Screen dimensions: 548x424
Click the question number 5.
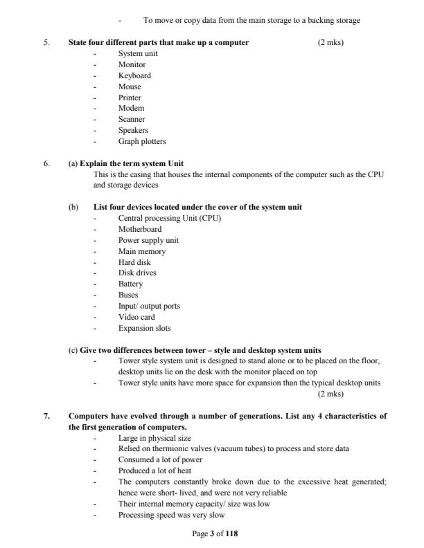tap(46, 43)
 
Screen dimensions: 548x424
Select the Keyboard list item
tap(134, 75)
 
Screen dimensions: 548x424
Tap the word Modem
tap(131, 109)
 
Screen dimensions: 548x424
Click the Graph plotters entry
tap(142, 142)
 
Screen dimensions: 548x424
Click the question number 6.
tap(46, 163)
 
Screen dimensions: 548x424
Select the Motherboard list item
tap(140, 229)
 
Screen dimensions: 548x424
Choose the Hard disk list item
tap(134, 262)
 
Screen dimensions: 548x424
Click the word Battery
tap(130, 284)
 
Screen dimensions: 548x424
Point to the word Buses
tap(128, 295)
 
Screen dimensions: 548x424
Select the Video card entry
tap(136, 317)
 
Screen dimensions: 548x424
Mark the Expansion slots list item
tap(144, 328)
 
